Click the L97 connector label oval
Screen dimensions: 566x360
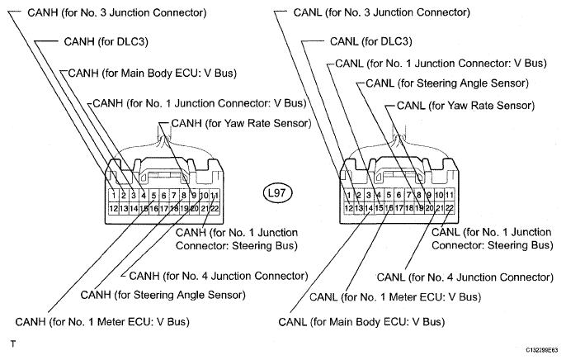277,193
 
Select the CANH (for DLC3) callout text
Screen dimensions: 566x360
106,42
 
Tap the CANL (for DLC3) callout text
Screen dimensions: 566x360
370,41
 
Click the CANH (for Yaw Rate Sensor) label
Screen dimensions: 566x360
241,124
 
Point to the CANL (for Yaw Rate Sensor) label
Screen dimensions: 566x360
465,106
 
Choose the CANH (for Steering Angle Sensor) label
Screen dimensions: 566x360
163,295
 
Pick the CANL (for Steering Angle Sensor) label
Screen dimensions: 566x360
447,83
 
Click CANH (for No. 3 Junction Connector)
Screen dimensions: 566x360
117,12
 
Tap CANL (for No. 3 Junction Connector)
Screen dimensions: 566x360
381,12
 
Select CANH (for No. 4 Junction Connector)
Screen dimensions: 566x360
219,277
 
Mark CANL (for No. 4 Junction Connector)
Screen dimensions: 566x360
465,277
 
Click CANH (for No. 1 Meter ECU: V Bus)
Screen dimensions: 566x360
102,322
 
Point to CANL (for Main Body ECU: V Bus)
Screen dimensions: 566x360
361,322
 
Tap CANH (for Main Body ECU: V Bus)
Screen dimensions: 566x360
153,73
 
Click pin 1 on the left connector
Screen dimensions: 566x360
114,196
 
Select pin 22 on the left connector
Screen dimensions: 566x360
215,208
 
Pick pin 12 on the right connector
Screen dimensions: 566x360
349,208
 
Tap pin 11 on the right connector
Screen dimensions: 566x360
449,196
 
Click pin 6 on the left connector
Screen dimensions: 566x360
164,196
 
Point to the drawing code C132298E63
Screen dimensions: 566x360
541,350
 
